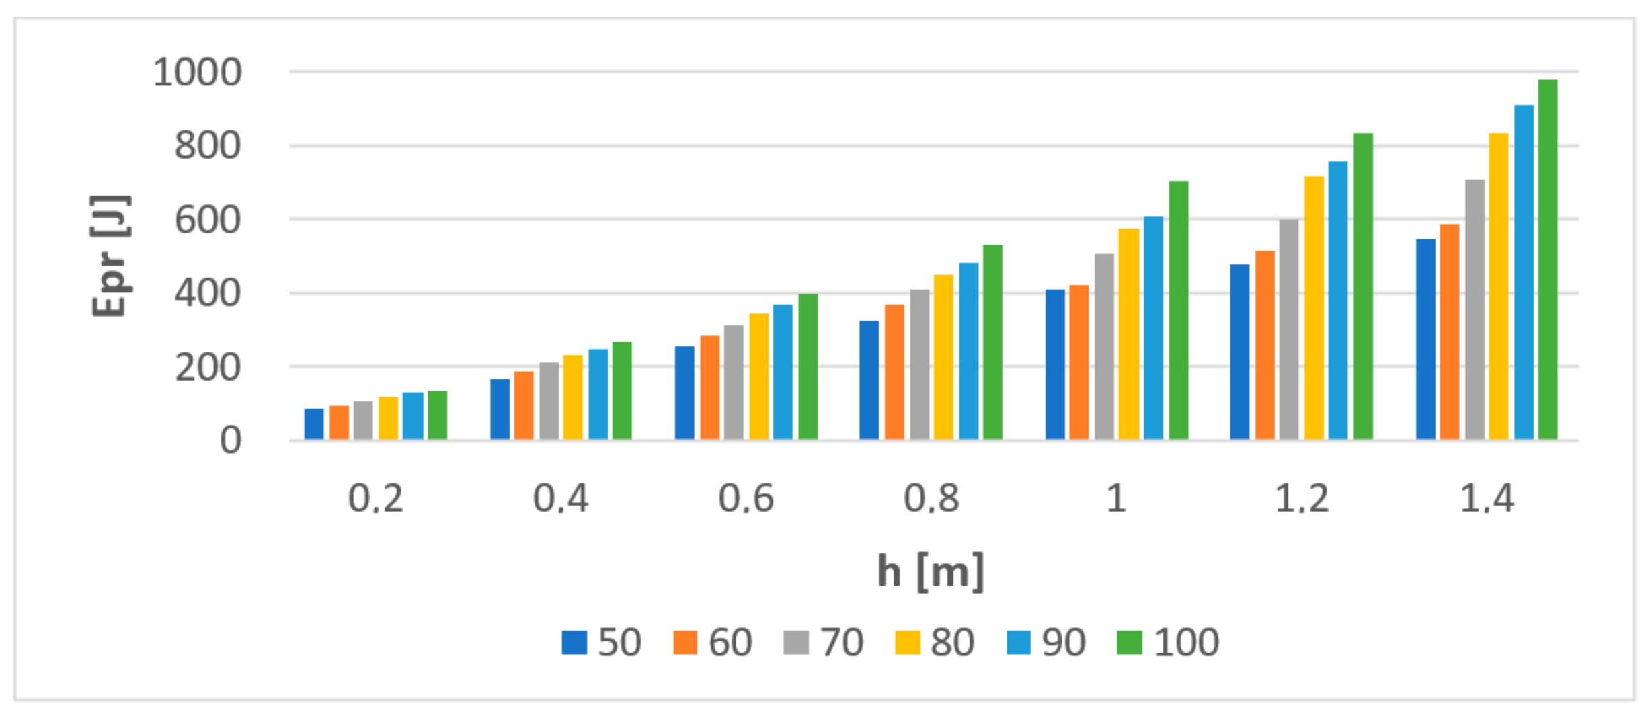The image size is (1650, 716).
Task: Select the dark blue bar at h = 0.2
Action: [314, 424]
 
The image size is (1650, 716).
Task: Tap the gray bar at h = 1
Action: [1104, 347]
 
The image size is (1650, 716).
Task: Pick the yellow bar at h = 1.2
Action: [1314, 308]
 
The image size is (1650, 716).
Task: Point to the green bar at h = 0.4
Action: [622, 391]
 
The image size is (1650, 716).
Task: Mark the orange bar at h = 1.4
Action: [1450, 332]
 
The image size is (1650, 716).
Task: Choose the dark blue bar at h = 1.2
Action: [1240, 352]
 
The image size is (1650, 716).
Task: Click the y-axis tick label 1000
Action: [197, 72]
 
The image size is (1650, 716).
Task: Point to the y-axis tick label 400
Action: [207, 294]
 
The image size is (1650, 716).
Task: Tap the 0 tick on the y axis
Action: [231, 442]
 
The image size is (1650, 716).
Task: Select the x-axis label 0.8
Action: [931, 499]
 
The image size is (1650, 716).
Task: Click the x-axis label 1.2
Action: [1302, 499]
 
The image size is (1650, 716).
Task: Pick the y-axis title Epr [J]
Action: [110, 255]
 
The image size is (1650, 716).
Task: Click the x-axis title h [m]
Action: [931, 571]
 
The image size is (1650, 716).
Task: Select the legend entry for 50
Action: [602, 642]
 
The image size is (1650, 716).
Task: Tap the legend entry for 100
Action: [1168, 642]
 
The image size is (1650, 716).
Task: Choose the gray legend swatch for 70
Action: [796, 642]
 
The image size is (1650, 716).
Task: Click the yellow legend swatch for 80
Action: [907, 642]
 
